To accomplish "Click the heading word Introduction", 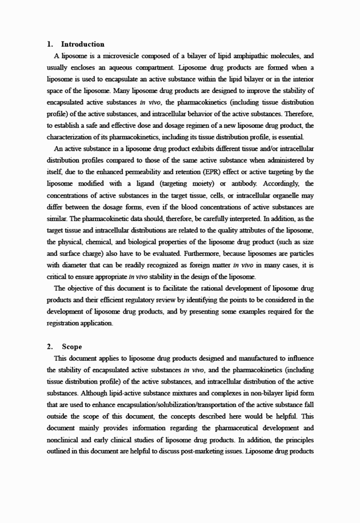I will pos(83,44).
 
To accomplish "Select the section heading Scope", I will pos(73,347).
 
